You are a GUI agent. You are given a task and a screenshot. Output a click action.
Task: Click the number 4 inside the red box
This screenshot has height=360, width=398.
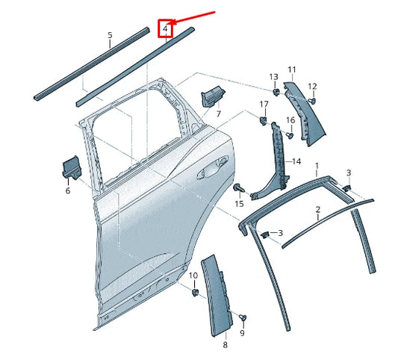tap(165, 29)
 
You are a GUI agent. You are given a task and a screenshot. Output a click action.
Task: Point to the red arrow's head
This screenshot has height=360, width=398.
tap(174, 22)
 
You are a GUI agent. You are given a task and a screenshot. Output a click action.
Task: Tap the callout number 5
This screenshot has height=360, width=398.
tap(110, 35)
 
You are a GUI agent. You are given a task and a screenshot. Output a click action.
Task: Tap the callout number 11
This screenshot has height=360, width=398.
tap(291, 69)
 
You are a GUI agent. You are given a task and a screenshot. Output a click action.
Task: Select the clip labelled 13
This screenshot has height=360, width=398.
tap(275, 92)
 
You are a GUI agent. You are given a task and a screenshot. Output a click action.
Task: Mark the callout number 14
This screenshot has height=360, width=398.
tap(296, 161)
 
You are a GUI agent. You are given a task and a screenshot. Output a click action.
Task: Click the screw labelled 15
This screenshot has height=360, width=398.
tap(239, 187)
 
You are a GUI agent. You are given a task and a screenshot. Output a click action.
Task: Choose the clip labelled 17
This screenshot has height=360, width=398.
tap(264, 119)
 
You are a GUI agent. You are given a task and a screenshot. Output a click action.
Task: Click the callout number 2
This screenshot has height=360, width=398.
tap(317, 210)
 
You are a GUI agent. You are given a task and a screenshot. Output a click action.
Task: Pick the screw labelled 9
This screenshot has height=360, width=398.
tap(243, 319)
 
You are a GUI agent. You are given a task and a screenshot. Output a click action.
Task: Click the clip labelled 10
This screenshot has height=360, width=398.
tap(193, 292)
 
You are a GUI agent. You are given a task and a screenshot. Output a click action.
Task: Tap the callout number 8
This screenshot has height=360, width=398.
tap(225, 346)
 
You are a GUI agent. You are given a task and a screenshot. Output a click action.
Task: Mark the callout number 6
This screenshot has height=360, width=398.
tap(68, 190)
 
